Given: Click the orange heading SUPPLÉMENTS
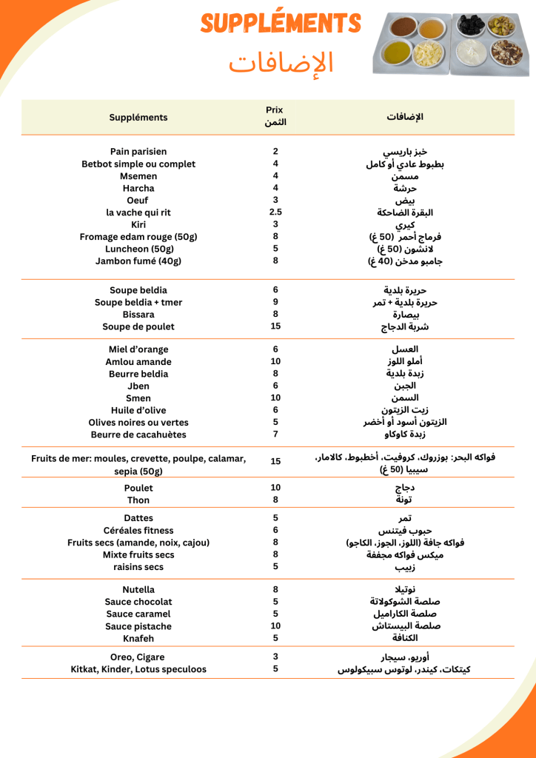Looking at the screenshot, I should [x=281, y=24].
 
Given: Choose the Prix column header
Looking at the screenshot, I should [x=275, y=116].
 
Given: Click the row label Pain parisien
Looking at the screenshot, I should [x=138, y=152].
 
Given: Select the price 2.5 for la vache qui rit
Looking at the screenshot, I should [x=275, y=212].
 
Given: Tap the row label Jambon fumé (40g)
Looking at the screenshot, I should [x=138, y=261].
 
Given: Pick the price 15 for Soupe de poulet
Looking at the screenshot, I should [x=275, y=326].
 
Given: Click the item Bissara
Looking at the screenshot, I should [x=138, y=315].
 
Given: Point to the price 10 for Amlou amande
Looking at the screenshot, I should [x=275, y=362].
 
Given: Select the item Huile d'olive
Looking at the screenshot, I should [x=138, y=411].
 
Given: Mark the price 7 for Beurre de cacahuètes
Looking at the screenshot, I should [x=275, y=435].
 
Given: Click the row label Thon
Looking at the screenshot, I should [x=138, y=500].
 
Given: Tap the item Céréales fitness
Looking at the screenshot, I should [x=138, y=531].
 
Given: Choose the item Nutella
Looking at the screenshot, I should [x=138, y=590].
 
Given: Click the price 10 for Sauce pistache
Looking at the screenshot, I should [x=275, y=626].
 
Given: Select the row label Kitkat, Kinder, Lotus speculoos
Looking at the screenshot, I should [x=138, y=669].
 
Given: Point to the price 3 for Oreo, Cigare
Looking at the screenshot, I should [x=275, y=657].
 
